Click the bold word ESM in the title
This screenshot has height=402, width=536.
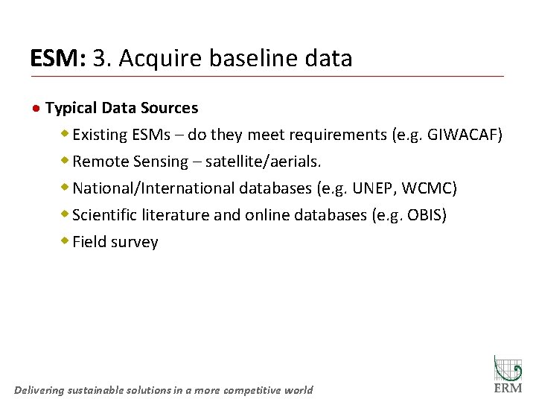(x=57, y=58)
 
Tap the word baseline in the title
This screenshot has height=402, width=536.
(x=244, y=58)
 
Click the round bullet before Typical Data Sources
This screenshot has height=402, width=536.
(x=36, y=109)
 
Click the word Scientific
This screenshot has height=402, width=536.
(x=105, y=215)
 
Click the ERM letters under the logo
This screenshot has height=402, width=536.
(x=508, y=388)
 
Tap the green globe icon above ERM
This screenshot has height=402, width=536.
(x=508, y=368)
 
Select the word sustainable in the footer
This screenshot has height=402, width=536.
(x=103, y=390)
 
